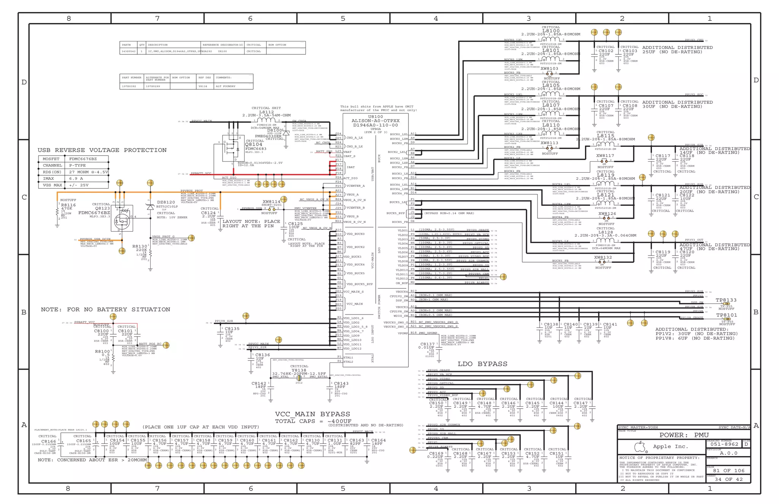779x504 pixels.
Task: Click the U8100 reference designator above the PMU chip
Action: pyautogui.click(x=375, y=117)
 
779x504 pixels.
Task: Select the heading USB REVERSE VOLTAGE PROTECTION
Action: pyautogui.click(x=102, y=150)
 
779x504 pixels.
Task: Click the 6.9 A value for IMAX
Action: pyautogui.click(x=76, y=178)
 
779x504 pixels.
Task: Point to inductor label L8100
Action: pyautogui.click(x=551, y=31)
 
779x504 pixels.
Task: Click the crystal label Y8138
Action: pyautogui.click(x=299, y=370)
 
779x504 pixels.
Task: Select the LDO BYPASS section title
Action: pyautogui.click(x=482, y=364)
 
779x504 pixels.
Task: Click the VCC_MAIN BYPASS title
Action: pyautogui.click(x=312, y=414)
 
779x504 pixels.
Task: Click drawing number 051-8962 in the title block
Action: pyautogui.click(x=724, y=444)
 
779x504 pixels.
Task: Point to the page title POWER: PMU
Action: pyautogui.click(x=684, y=435)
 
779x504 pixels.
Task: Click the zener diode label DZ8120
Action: pyautogui.click(x=166, y=202)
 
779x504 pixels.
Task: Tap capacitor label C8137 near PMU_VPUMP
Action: pyautogui.click(x=427, y=344)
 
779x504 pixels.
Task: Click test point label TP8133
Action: pyautogui.click(x=726, y=300)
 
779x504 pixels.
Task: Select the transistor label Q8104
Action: pyautogui.click(x=254, y=145)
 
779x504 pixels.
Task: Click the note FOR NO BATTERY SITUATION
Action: pyautogui.click(x=105, y=310)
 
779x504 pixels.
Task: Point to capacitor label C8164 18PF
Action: pyautogui.click(x=378, y=442)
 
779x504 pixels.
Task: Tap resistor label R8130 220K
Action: pyautogui.click(x=140, y=248)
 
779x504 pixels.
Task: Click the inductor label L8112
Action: pyautogui.click(x=266, y=112)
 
